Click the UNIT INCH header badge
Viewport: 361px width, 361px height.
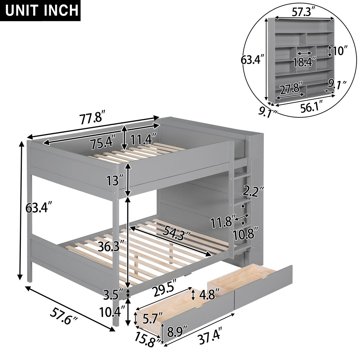40,11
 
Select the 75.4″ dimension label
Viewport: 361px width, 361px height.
101,143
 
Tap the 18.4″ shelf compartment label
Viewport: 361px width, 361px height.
304,62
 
